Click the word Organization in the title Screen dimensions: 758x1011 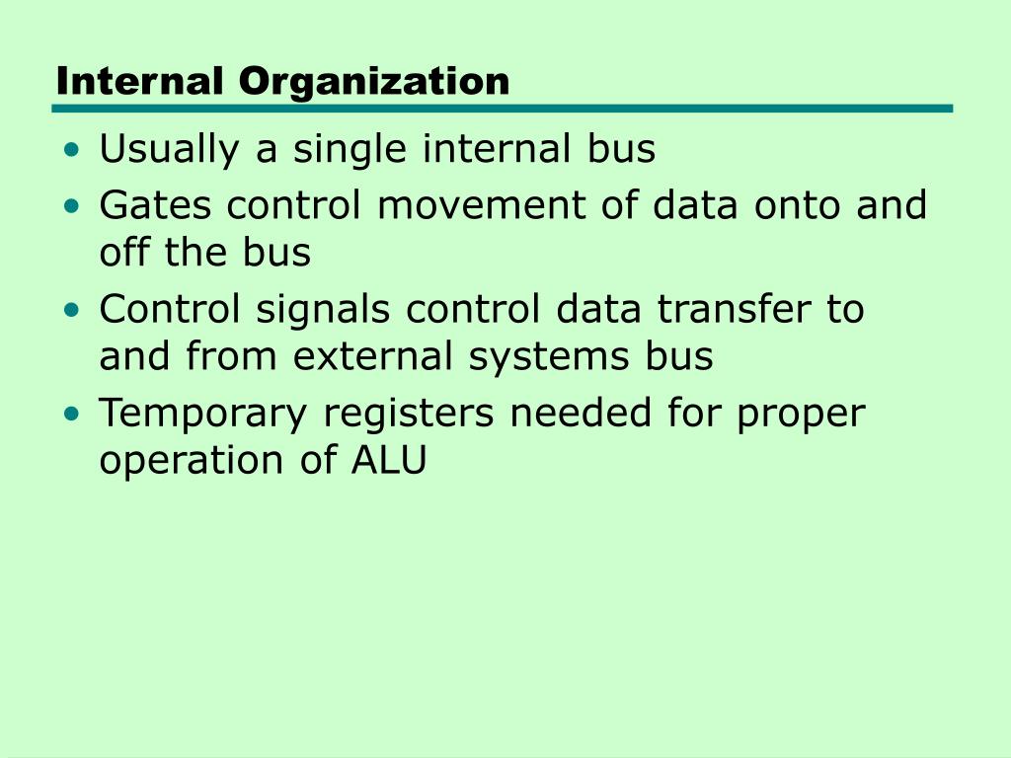(374, 82)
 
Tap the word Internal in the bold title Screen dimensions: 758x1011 (142, 81)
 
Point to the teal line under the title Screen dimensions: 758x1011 (504, 109)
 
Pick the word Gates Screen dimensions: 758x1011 (157, 206)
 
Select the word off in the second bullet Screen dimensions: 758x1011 (122, 254)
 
